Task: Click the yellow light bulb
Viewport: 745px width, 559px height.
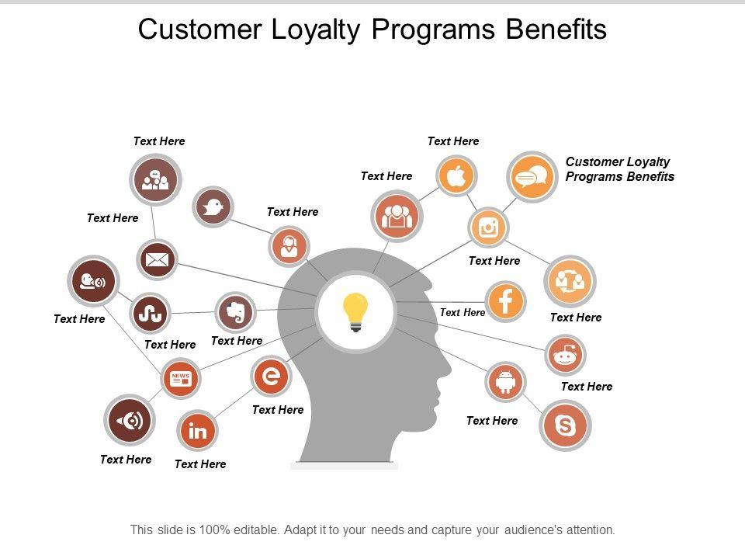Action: [355, 312]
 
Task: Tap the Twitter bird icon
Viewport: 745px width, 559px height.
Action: [213, 207]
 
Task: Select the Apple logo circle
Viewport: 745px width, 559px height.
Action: [456, 176]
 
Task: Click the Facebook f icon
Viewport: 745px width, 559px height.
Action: [505, 301]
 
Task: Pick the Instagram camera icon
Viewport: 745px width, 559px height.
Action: [488, 227]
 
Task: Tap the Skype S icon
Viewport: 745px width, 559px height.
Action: [565, 425]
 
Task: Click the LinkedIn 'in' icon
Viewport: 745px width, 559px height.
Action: [197, 431]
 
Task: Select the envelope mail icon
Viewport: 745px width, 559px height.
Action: [158, 259]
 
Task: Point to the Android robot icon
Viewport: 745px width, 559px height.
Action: [505, 382]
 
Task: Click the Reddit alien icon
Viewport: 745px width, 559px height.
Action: [565, 355]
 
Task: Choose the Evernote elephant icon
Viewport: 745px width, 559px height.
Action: [235, 312]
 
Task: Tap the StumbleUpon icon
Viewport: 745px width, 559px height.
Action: [150, 313]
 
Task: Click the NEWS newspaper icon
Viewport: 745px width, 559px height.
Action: [181, 378]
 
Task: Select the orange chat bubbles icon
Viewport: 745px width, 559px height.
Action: [532, 177]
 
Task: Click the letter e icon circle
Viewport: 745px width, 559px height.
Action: [271, 376]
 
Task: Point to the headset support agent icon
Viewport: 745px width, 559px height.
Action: [289, 246]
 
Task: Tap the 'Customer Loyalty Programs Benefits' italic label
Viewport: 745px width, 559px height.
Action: [619, 169]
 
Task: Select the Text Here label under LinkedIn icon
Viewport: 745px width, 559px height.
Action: [200, 464]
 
